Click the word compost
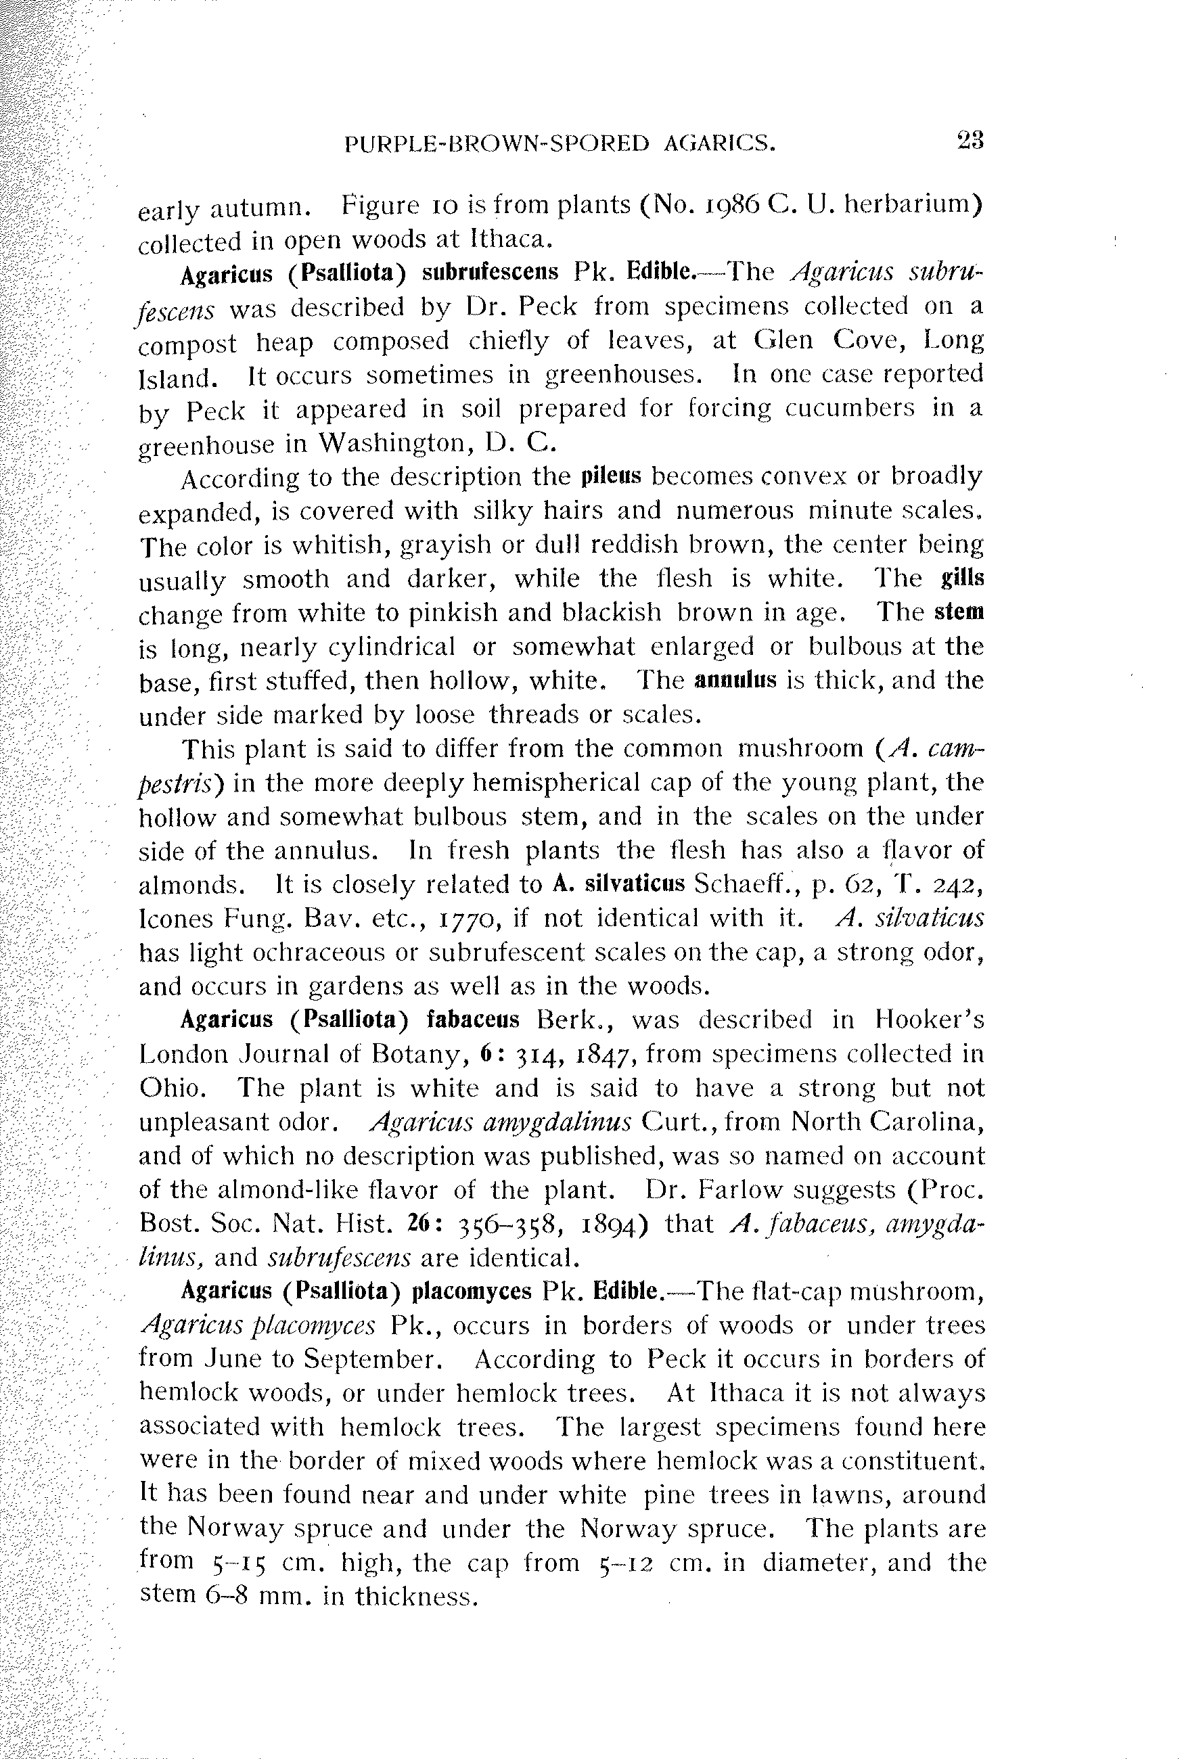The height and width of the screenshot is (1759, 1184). pos(188,344)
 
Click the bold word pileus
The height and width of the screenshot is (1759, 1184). pos(612,476)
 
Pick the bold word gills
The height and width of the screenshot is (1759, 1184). pos(963,578)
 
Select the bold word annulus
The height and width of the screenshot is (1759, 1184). pos(735,680)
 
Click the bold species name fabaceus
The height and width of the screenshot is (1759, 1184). pos(473,1021)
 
